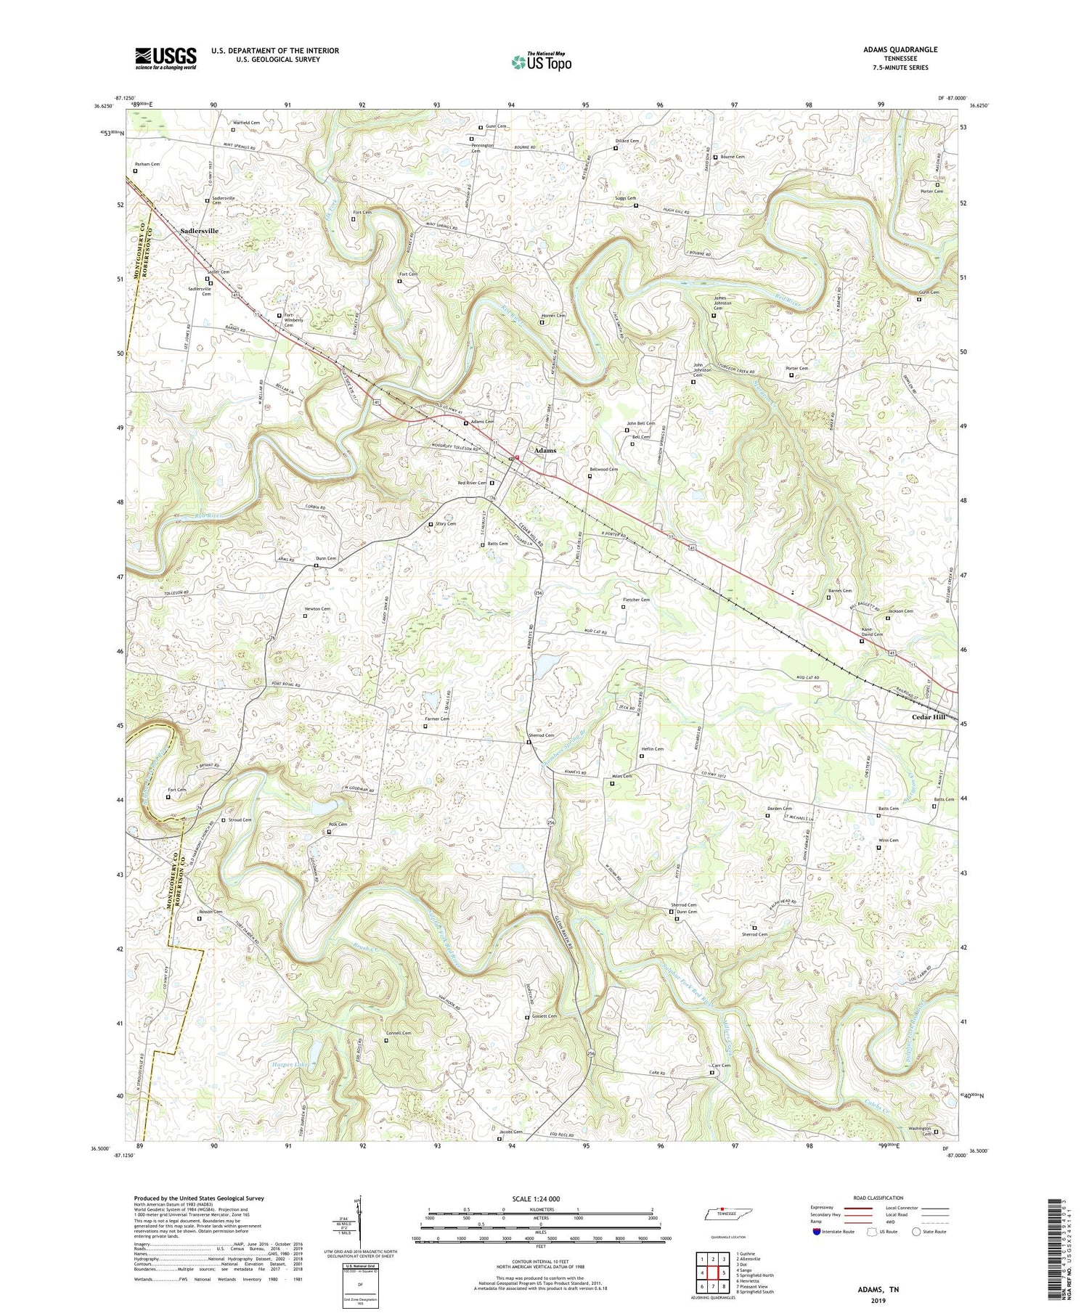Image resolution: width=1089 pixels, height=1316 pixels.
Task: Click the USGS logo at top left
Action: coord(166,58)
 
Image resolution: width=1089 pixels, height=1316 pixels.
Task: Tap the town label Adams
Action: coord(545,450)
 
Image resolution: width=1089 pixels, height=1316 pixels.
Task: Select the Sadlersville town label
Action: coord(199,231)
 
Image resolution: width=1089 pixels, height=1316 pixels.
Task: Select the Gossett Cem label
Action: coord(544,1016)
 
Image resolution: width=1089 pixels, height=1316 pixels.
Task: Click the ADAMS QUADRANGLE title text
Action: coord(900,49)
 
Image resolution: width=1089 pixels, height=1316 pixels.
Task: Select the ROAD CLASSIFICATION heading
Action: coord(878,1198)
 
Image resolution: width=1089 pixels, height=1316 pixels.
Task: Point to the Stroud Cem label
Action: coord(240,820)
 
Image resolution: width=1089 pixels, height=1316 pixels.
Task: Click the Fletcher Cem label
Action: coord(636,600)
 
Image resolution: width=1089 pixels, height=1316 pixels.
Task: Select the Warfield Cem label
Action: coord(245,123)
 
